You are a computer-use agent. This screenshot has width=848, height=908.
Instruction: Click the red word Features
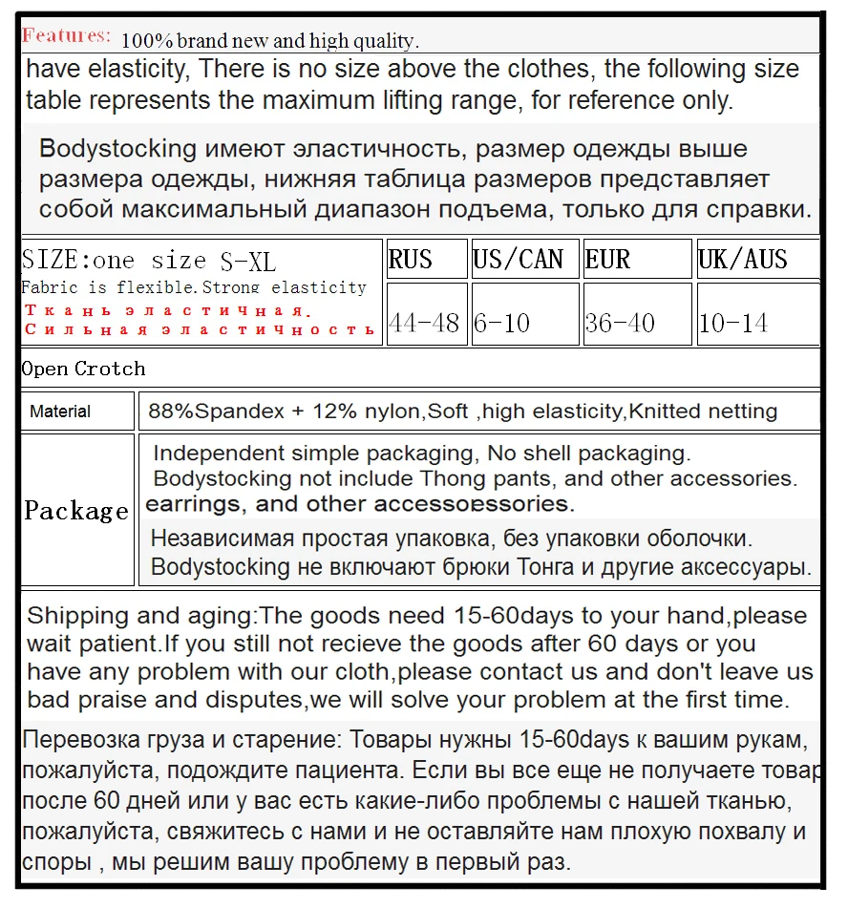click(x=66, y=36)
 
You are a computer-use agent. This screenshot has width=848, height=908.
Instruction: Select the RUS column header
click(x=411, y=260)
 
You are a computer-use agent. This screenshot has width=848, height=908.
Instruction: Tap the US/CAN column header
click(x=519, y=260)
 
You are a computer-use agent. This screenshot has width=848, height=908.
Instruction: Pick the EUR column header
click(x=607, y=260)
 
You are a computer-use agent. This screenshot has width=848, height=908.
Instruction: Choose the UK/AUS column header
click(x=743, y=260)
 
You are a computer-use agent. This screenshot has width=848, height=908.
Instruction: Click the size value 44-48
click(x=424, y=323)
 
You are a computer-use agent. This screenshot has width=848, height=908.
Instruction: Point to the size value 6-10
click(x=502, y=323)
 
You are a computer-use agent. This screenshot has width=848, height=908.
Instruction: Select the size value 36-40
click(x=620, y=323)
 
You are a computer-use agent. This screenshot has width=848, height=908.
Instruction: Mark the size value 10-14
click(x=732, y=323)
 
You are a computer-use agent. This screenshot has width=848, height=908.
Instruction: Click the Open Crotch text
click(x=84, y=369)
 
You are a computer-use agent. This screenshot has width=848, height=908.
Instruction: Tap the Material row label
click(x=60, y=412)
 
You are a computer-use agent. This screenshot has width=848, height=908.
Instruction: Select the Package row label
click(x=76, y=511)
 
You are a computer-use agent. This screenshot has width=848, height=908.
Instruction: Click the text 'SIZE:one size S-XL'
click(x=148, y=261)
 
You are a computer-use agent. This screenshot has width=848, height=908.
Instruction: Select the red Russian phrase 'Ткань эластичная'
click(x=167, y=310)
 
